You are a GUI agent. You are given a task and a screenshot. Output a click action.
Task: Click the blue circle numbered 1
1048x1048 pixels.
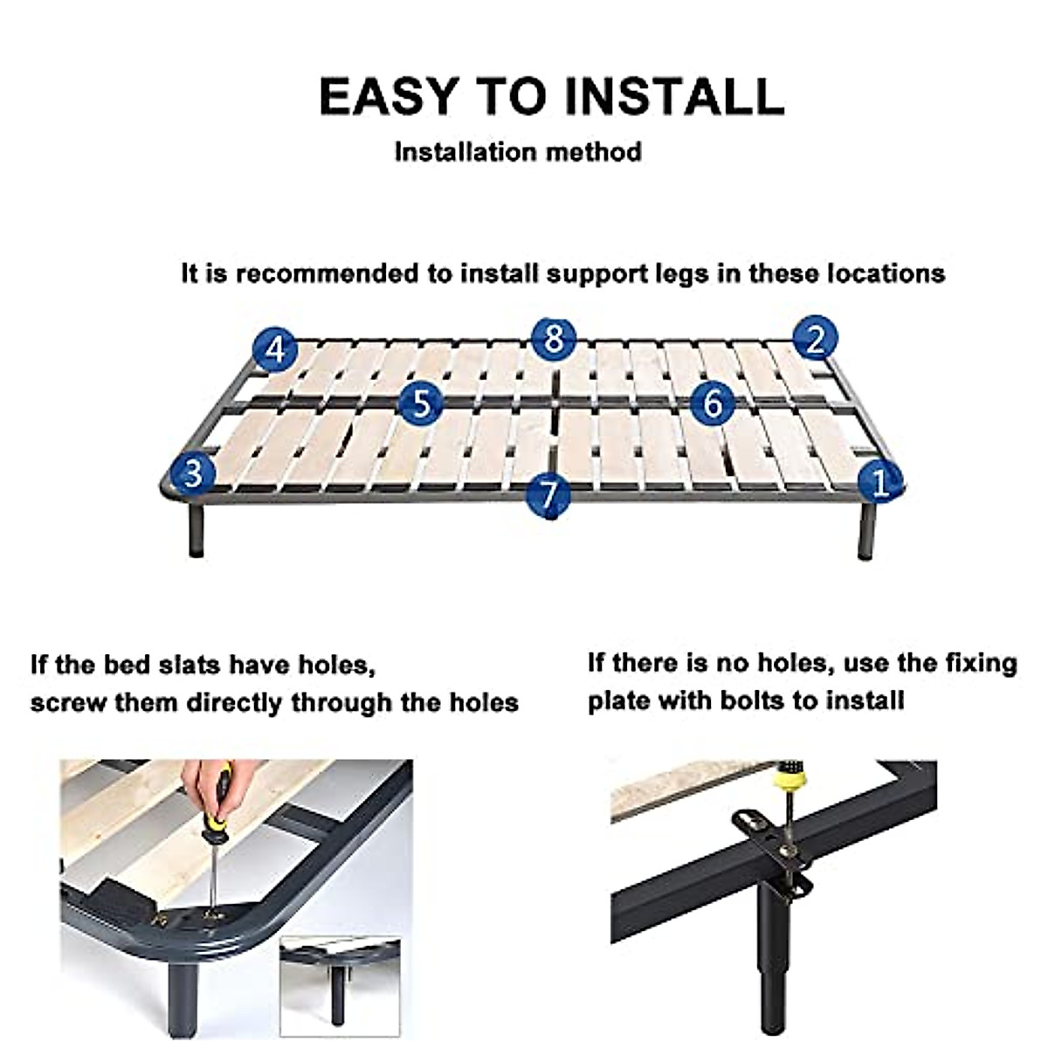tap(880, 482)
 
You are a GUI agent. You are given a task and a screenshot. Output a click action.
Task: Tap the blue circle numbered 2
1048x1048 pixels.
tap(815, 339)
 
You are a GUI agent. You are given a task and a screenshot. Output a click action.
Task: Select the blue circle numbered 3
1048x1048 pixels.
tap(193, 472)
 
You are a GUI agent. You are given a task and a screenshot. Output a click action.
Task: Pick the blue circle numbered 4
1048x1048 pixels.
tap(276, 349)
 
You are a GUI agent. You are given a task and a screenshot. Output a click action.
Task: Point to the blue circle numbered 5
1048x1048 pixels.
tap(422, 403)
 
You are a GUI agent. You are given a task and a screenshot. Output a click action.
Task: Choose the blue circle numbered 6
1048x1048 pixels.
tap(713, 403)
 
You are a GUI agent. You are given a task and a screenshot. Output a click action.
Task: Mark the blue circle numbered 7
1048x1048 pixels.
tap(549, 495)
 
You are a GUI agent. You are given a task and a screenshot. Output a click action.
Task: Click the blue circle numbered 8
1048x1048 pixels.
tap(553, 338)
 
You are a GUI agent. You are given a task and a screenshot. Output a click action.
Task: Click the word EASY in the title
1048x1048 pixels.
tap(387, 96)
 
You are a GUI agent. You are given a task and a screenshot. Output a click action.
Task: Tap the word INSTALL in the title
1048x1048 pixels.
tap(675, 96)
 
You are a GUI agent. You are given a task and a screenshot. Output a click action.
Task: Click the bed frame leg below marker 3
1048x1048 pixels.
tap(196, 528)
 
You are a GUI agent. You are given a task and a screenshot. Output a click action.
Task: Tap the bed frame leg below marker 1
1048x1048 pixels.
tap(867, 531)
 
